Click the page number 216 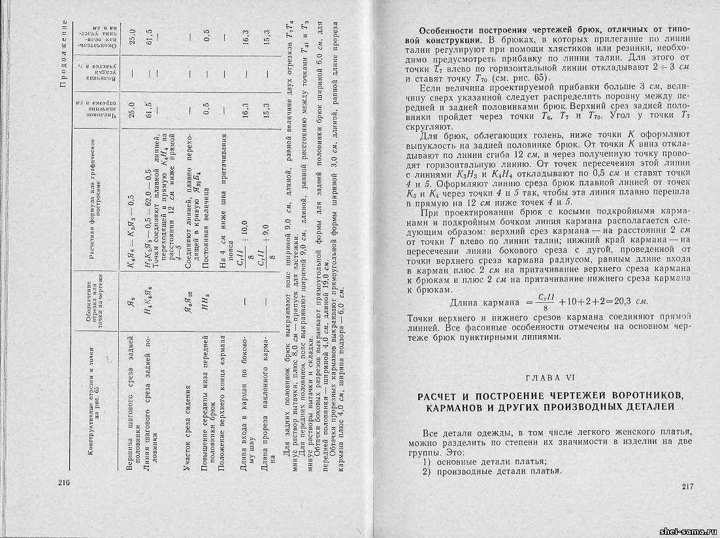coord(63,483)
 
